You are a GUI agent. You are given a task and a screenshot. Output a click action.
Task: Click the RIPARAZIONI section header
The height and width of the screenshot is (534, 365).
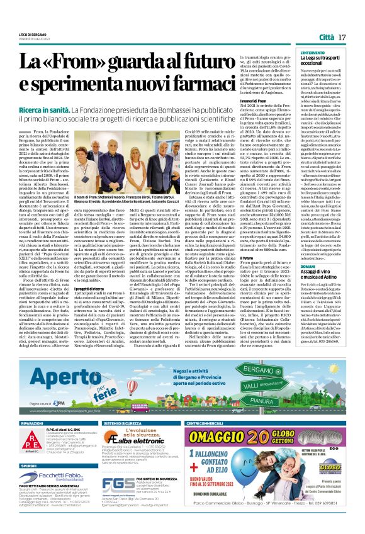pos(32,424)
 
